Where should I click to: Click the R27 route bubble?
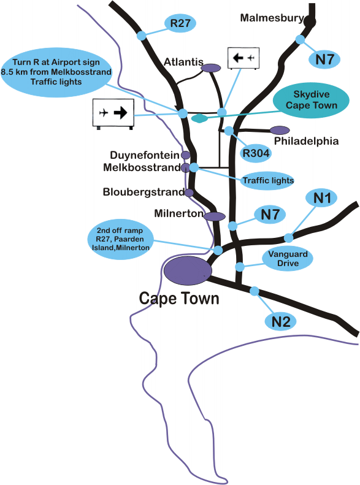click(180, 23)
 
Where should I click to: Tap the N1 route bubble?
click(322, 198)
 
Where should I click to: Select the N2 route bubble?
click(281, 321)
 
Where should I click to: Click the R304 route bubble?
click(256, 153)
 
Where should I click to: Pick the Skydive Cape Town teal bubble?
click(311, 100)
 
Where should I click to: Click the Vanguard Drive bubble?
click(288, 259)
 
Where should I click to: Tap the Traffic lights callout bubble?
click(268, 180)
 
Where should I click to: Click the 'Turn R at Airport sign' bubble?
click(56, 72)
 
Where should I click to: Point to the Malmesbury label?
click(272, 18)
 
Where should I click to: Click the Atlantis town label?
click(183, 62)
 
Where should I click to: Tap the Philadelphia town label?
click(306, 141)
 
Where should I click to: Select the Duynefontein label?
click(145, 155)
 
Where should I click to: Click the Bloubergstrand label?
click(144, 192)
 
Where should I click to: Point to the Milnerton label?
click(178, 213)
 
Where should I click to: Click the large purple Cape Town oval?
click(188, 270)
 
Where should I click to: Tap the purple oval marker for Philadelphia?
click(280, 130)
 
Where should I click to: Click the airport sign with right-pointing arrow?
click(113, 113)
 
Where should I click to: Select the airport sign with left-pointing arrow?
click(243, 58)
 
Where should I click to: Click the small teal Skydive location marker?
click(200, 118)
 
